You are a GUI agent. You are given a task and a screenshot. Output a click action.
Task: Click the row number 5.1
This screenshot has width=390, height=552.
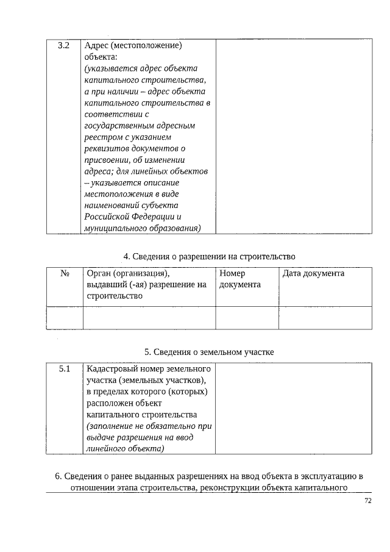[x=64, y=369]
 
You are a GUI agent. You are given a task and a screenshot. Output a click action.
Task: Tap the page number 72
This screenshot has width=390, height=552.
[x=367, y=501]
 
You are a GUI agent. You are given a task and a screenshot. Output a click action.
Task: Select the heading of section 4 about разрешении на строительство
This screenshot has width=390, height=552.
[x=210, y=256]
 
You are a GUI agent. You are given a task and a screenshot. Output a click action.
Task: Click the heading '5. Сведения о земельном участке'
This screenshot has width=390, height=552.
[x=209, y=352]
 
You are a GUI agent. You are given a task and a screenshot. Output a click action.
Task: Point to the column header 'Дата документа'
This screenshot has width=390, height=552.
[x=313, y=273]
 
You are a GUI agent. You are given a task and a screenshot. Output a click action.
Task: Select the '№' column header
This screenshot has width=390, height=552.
[x=64, y=273]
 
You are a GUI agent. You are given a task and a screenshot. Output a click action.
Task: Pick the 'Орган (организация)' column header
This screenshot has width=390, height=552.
[x=128, y=273]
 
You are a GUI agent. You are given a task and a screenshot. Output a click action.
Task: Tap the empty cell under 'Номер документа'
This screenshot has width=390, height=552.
[x=247, y=317]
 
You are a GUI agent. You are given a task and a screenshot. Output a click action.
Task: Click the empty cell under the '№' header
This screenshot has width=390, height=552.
[x=64, y=317]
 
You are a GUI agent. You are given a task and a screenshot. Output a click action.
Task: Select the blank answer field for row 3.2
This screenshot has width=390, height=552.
[x=293, y=137]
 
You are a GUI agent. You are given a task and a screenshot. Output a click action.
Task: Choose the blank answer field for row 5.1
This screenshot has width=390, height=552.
[x=293, y=409]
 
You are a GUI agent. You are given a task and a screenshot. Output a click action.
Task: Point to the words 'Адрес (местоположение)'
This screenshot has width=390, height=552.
[x=133, y=46]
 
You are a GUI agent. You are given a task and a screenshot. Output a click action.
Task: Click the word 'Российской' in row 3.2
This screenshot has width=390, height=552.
[x=107, y=217]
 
